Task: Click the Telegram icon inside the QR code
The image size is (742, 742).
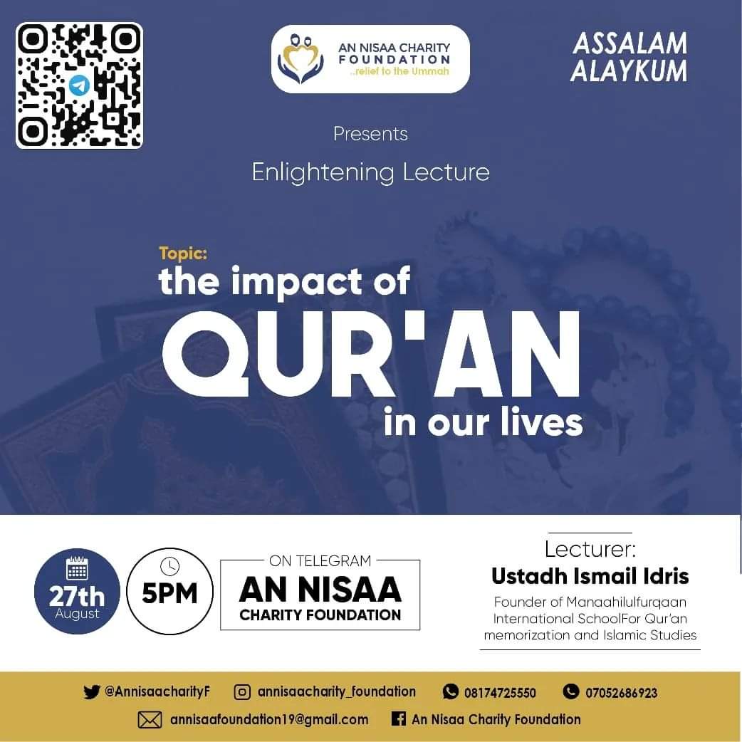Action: (x=79, y=86)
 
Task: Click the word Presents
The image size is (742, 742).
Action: (x=370, y=134)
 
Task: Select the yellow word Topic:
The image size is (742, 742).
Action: (x=183, y=253)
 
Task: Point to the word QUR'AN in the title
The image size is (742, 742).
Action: (x=371, y=349)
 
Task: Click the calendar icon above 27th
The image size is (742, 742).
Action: (x=77, y=569)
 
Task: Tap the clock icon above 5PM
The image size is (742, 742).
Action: (x=170, y=566)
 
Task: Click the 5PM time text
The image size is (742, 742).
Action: (x=170, y=594)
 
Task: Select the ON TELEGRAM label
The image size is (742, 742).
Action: (x=320, y=560)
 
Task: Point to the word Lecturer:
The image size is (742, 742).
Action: (x=590, y=549)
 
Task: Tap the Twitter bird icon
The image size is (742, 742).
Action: (x=92, y=691)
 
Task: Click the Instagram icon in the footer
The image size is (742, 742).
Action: (x=243, y=691)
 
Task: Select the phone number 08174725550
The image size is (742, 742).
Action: (x=500, y=692)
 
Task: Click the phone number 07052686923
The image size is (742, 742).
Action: (x=621, y=692)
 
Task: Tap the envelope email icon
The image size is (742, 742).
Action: (x=150, y=720)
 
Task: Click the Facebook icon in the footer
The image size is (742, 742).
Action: (x=399, y=719)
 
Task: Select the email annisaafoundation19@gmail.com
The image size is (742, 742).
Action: (x=269, y=719)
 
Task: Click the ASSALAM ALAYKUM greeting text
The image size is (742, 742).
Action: (x=629, y=57)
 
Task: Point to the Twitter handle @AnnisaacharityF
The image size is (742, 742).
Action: (x=157, y=691)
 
